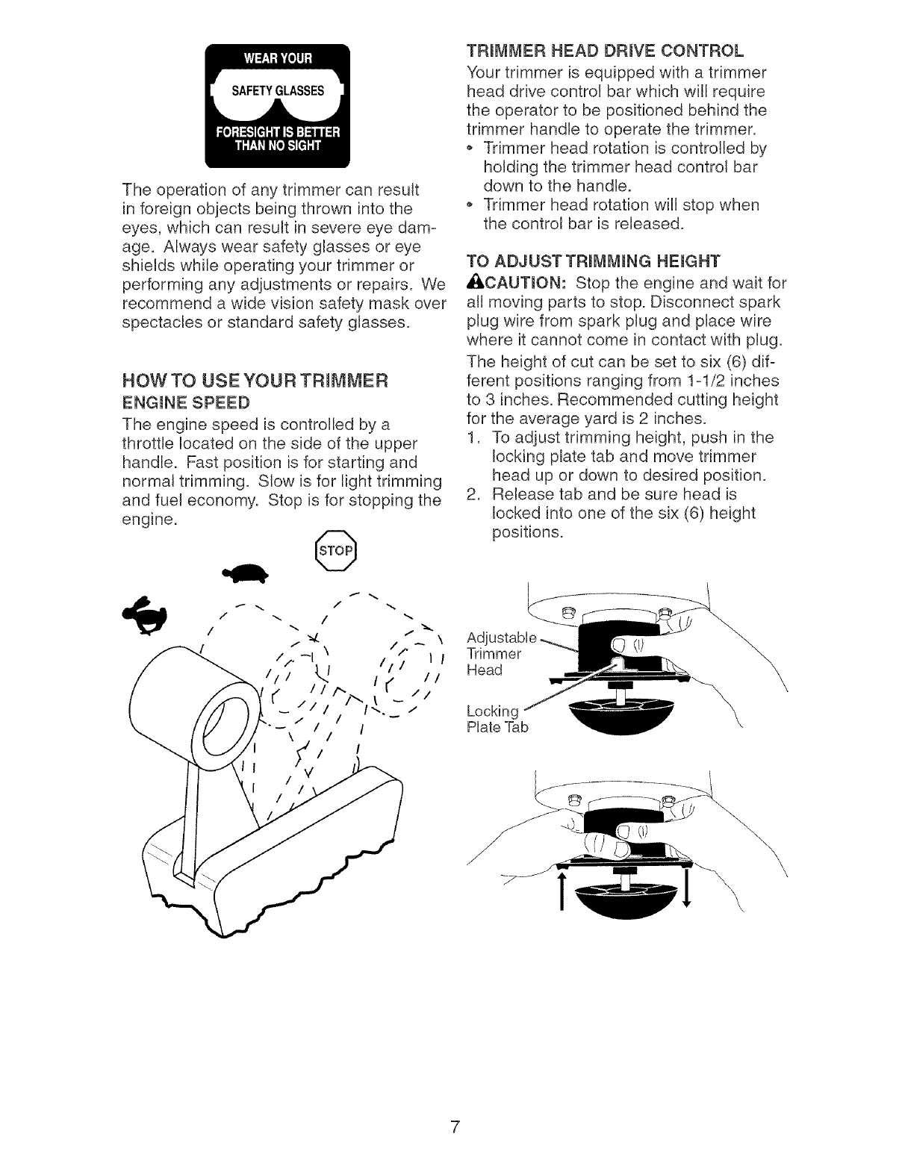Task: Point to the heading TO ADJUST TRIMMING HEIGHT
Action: point(591,261)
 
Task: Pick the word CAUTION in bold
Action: point(518,282)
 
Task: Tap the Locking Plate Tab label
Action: point(497,717)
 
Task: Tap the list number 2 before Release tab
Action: point(472,495)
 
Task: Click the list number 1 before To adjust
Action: point(472,437)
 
